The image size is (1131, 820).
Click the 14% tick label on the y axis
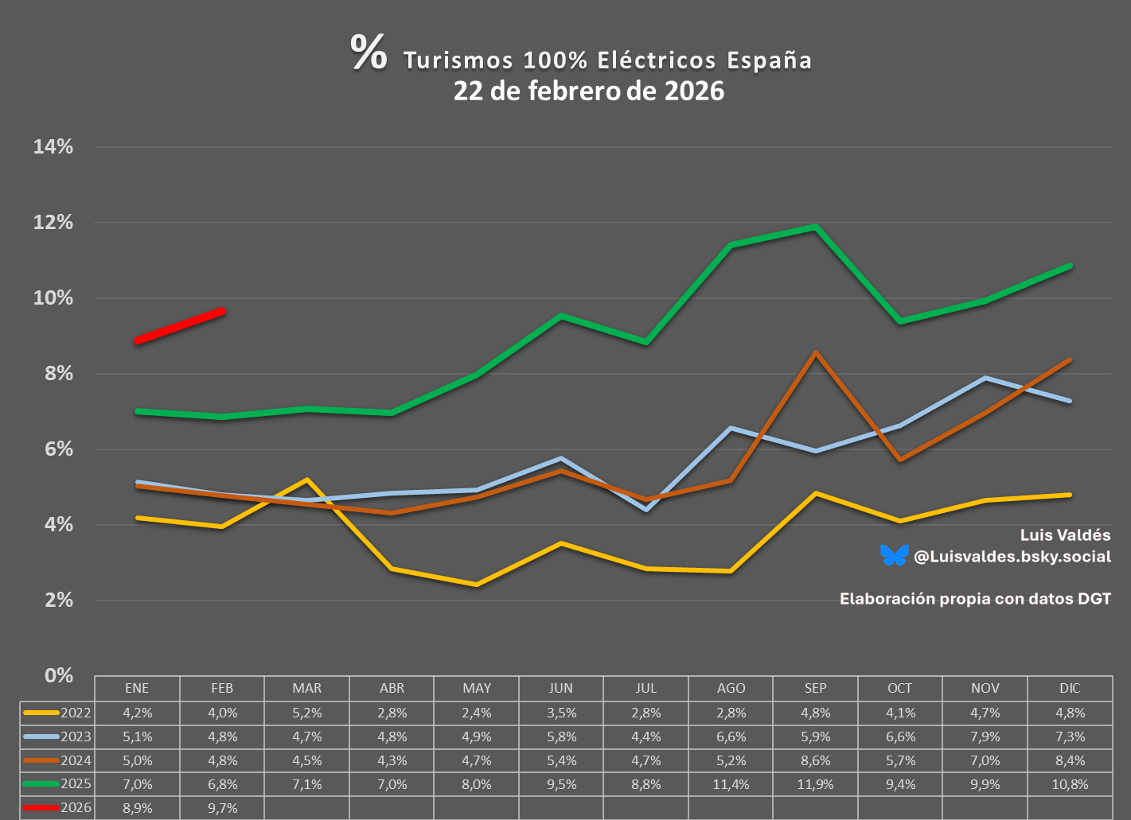[53, 147]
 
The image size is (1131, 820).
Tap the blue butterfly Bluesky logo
[895, 555]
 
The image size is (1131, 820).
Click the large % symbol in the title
[369, 53]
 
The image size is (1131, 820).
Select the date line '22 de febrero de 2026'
[589, 91]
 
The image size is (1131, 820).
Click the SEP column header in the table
[815, 688]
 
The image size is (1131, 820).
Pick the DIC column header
[1070, 688]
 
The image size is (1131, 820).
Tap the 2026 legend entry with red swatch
[57, 808]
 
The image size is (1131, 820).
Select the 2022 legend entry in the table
[57, 713]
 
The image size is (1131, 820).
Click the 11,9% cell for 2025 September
[815, 784]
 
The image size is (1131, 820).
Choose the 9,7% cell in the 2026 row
[222, 808]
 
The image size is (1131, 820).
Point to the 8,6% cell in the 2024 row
[815, 760]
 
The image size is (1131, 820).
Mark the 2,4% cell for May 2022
[476, 713]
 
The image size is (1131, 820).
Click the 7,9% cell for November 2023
[985, 737]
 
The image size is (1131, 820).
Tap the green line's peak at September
[815, 227]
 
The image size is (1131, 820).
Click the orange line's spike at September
[815, 352]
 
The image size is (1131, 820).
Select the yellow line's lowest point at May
[476, 585]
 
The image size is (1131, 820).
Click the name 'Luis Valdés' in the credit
[1065, 535]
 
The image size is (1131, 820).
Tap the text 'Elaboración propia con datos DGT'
[975, 599]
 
